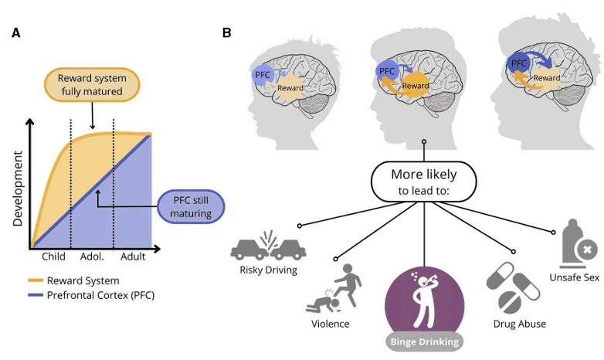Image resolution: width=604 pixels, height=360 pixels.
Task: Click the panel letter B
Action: [x=226, y=33]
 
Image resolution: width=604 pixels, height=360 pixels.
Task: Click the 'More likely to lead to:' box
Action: [x=423, y=182]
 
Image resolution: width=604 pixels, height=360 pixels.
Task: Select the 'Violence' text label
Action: [x=330, y=324]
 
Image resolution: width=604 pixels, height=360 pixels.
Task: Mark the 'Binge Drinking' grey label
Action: [x=423, y=341]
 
